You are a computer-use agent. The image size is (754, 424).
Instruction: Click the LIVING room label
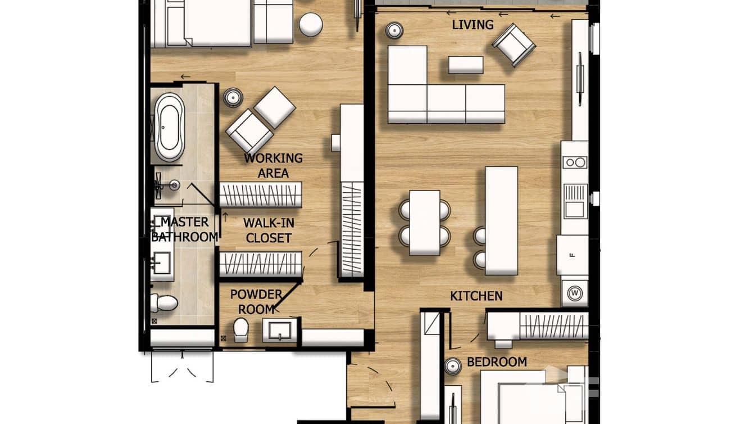[473, 25]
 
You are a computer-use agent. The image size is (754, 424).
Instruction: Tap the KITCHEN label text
[476, 296]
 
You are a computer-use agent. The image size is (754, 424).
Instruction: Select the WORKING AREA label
[273, 166]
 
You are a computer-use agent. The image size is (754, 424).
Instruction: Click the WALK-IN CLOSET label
[269, 231]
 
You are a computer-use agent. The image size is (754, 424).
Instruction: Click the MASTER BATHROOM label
[184, 229]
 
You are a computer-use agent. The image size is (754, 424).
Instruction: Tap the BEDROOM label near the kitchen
[497, 362]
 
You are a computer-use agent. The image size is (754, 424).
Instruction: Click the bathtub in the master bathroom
[170, 127]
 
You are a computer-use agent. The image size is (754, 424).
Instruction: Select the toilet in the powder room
[241, 330]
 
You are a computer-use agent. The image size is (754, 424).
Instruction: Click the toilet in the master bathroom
[164, 303]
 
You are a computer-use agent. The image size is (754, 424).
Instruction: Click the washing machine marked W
[574, 293]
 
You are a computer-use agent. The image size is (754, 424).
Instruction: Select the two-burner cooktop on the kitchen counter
[574, 163]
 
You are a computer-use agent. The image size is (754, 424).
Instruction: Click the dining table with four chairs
[425, 222]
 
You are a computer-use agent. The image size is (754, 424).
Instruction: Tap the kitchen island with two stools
[501, 220]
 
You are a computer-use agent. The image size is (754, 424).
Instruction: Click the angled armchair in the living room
[514, 44]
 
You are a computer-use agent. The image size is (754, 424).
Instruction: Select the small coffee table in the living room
[466, 65]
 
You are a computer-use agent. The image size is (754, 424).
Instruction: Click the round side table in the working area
[233, 98]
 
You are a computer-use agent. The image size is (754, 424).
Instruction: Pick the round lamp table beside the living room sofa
[394, 30]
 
